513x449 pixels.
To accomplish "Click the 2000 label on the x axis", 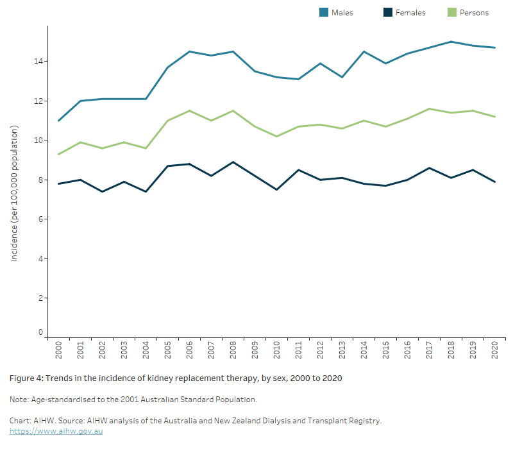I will click(x=58, y=350).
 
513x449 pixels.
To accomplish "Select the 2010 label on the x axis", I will click(x=277, y=350).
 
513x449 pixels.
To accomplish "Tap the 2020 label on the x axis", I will click(x=495, y=350).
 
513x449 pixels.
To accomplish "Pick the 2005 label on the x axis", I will click(x=167, y=350).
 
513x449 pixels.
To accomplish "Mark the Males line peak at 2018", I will click(x=451, y=42).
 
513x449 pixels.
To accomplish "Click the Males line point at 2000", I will click(x=58, y=121).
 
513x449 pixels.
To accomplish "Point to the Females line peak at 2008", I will click(x=233, y=162).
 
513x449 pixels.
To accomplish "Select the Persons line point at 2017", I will click(x=430, y=109).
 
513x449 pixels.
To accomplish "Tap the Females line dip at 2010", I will click(x=277, y=190).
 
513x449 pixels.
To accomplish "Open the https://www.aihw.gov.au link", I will click(x=56, y=431).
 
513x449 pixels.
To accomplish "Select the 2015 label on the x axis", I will click(x=386, y=350).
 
